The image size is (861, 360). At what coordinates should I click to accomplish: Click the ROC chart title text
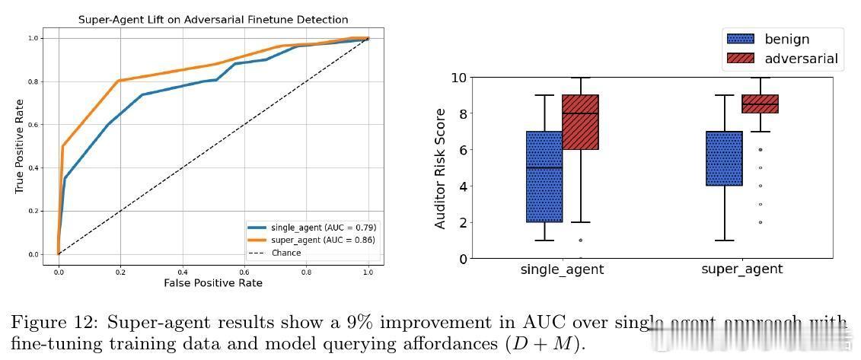[213, 20]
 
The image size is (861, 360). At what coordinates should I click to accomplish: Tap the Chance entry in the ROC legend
[285, 253]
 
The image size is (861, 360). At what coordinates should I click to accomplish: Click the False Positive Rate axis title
[213, 282]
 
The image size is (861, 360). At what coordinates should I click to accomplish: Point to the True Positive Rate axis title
[20, 146]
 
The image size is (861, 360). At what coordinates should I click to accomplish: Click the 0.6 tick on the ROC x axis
[244, 270]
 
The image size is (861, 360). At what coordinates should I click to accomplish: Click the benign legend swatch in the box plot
[741, 40]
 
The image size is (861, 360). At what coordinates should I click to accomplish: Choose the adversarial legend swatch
[741, 59]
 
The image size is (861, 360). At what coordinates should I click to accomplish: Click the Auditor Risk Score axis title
[440, 168]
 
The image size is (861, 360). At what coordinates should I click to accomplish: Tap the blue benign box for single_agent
[544, 177]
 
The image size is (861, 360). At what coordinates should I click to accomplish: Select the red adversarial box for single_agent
[580, 122]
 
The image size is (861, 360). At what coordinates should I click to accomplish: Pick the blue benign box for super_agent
[724, 158]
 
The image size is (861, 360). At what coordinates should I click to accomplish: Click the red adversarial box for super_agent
[760, 104]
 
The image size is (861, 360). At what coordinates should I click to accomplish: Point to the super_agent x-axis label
[741, 269]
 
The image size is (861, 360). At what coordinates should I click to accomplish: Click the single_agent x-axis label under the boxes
[562, 269]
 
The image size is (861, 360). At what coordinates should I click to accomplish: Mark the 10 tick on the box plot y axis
[458, 78]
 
